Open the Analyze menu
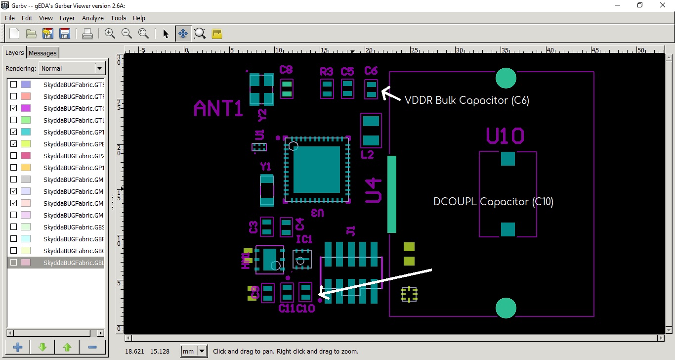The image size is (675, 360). coord(92,18)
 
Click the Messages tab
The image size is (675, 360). coord(42,53)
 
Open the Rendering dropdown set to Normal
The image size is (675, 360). coord(72,68)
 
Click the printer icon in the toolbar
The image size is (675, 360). coord(87,34)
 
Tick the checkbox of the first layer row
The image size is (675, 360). coord(14,85)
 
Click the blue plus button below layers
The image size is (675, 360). coord(18,347)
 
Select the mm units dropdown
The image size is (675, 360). coord(194,352)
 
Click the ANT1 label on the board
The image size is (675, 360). coord(218,108)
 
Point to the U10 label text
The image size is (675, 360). coord(505,136)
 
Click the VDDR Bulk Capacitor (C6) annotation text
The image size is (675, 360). coord(467,100)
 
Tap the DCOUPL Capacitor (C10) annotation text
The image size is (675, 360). coord(493,202)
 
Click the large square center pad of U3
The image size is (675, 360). coord(316,169)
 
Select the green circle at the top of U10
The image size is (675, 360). coord(506,78)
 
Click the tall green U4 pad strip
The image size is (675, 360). coord(392,194)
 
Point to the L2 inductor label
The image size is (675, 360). coord(367,155)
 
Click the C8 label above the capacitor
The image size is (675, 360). coord(286,70)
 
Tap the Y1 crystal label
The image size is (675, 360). coord(266,166)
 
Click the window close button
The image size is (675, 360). coord(663,5)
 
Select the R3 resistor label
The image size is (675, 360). coord(327,72)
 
